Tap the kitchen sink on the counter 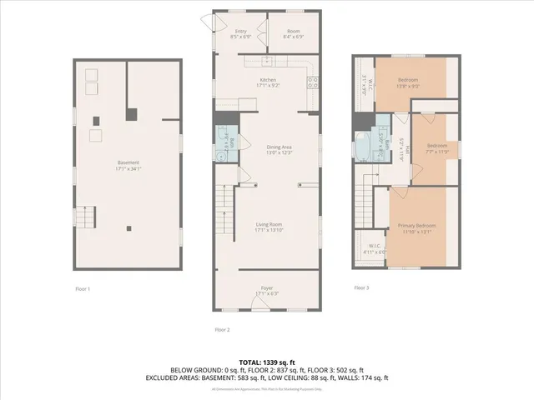click(267, 61)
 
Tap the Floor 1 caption click(83, 288)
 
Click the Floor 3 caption click(361, 287)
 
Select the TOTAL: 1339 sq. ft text click(266, 362)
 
